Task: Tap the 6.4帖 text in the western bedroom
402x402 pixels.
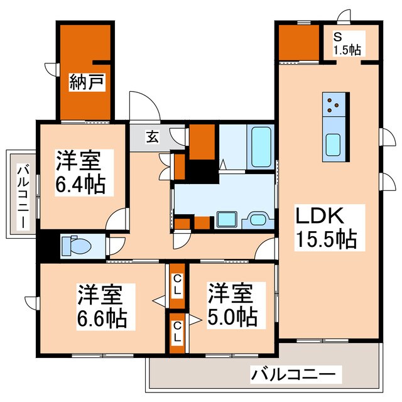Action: point(79,185)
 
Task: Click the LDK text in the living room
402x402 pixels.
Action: point(319,217)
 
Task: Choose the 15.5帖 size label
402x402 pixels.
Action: point(327,239)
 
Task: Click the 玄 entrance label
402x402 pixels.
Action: point(152,135)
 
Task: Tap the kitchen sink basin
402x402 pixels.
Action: point(333,146)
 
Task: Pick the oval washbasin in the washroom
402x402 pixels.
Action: point(258,220)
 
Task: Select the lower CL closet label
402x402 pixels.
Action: point(178,332)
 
